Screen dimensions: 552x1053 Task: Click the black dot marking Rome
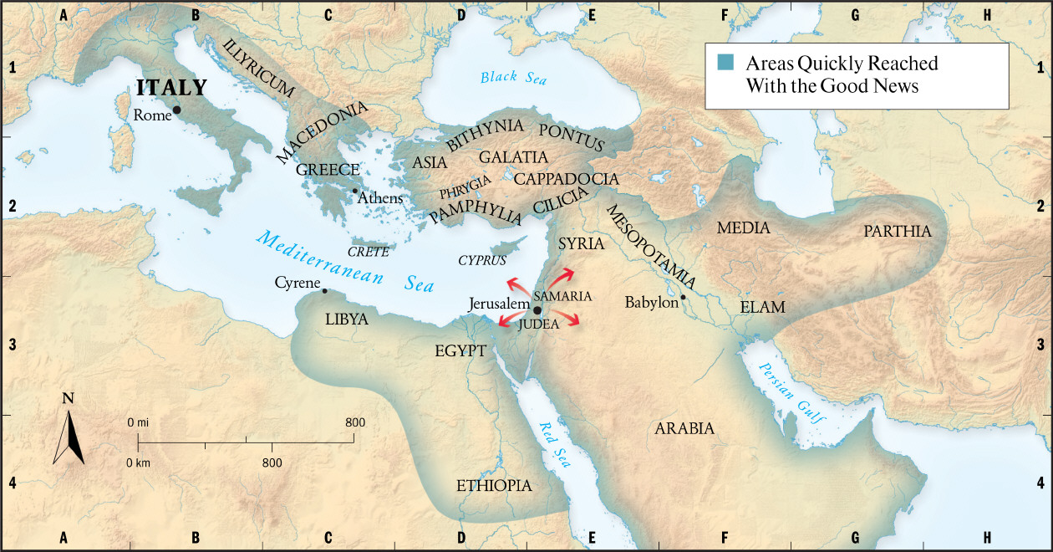point(176,110)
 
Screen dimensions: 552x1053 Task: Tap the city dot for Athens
point(354,191)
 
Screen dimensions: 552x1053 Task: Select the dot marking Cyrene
point(324,291)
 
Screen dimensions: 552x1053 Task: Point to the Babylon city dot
point(683,297)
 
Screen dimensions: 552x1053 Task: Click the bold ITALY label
point(171,87)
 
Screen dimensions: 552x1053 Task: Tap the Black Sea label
point(513,78)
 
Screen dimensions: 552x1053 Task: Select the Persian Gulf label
point(785,393)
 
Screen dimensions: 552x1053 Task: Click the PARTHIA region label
point(898,232)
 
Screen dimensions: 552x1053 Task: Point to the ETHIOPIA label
point(494,486)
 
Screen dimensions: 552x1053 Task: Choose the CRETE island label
point(369,251)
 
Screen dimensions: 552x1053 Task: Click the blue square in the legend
point(725,62)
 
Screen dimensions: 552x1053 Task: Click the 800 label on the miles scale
point(354,422)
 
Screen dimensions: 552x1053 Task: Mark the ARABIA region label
point(684,429)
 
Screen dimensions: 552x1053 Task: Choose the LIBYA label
point(346,319)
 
